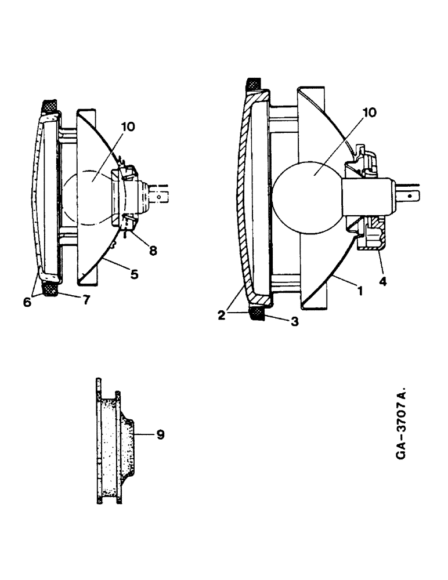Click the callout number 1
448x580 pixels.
coord(360,292)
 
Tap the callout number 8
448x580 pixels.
coord(153,251)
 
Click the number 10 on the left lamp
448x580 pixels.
coord(128,126)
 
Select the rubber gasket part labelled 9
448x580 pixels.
coord(114,441)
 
